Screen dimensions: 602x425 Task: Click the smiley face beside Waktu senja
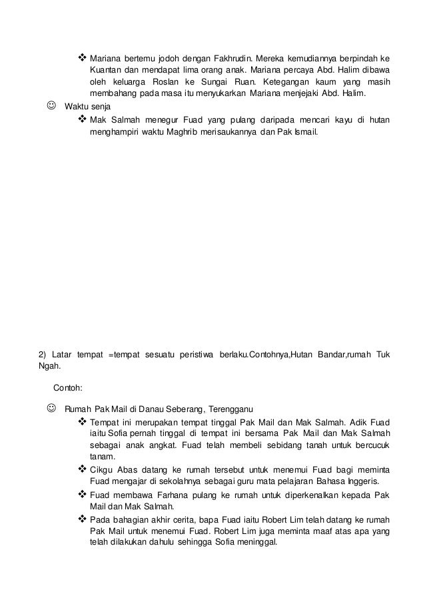tap(51, 106)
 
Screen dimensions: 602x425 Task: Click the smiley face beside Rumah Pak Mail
tap(51, 408)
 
